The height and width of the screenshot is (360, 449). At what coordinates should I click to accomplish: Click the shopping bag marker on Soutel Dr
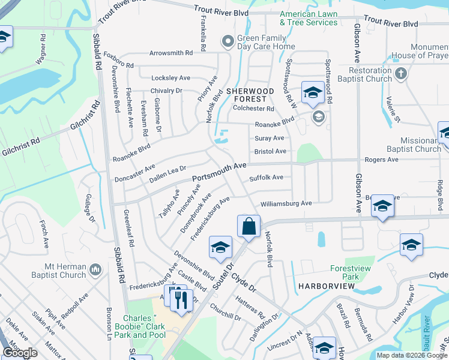point(249,227)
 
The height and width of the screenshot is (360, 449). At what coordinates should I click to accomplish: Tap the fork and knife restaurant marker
point(181,299)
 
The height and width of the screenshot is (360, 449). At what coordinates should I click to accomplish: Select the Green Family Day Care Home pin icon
point(227,41)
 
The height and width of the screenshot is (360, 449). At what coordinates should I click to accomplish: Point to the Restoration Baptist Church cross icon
point(402,74)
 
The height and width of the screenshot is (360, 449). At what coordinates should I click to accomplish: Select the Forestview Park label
point(345,273)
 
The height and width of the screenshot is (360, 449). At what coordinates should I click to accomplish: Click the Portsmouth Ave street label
point(219,172)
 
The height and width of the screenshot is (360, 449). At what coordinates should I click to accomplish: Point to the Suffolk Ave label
point(266,178)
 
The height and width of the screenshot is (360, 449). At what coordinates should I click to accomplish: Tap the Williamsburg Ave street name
point(286,203)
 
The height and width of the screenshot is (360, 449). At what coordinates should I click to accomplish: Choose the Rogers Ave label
point(382,160)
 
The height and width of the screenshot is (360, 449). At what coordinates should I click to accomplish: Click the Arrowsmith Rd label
point(171,53)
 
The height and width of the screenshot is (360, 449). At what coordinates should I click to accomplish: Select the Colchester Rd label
point(253,109)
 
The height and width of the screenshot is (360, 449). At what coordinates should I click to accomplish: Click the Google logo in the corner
point(20,352)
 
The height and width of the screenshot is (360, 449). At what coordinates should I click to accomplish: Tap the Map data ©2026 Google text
point(411,355)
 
